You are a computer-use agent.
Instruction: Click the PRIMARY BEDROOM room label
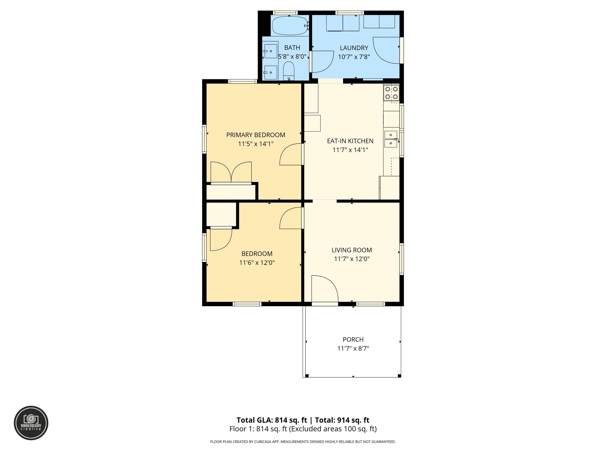coord(256,135)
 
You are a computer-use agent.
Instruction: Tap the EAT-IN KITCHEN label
coord(350,141)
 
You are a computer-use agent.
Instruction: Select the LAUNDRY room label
coord(354,48)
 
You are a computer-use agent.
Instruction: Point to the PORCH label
coord(353,340)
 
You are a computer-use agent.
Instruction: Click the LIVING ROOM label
coord(352,250)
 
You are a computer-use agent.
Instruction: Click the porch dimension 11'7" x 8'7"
coord(353,348)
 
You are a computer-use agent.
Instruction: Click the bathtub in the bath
coord(290,25)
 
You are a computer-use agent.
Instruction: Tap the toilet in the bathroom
coord(288,71)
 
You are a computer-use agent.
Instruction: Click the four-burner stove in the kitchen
coord(391,93)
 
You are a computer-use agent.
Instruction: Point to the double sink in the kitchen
coord(391,139)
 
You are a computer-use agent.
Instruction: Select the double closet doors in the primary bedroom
coord(231,172)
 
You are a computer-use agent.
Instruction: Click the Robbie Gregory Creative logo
coord(31,423)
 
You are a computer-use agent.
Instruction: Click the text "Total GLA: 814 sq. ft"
coord(272,420)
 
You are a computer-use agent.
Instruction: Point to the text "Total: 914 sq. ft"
coord(342,420)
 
